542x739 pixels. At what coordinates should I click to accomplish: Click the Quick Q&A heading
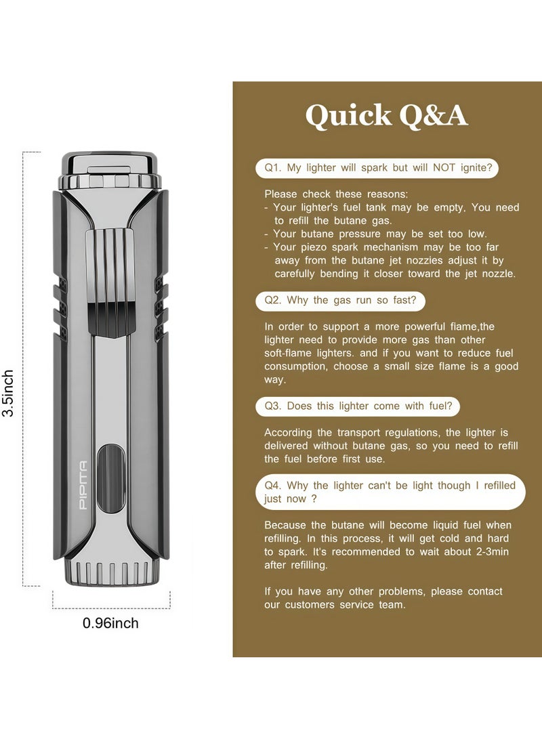(x=386, y=115)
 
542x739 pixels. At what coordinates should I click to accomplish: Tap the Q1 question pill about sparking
(x=377, y=168)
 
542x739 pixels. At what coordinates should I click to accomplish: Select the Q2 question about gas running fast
(x=340, y=301)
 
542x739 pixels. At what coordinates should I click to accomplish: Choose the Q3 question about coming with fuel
(x=358, y=406)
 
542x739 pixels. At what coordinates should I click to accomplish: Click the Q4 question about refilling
(x=390, y=492)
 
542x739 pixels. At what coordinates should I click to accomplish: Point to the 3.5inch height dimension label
(x=8, y=393)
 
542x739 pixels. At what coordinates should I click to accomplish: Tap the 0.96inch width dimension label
(x=110, y=623)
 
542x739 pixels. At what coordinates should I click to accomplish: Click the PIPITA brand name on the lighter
(x=83, y=485)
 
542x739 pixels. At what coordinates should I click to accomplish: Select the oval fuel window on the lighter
(x=111, y=479)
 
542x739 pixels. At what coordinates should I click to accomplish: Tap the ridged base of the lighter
(x=110, y=572)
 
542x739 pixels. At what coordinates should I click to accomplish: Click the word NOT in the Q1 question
(x=444, y=168)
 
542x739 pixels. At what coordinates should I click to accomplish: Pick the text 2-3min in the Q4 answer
(x=492, y=552)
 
